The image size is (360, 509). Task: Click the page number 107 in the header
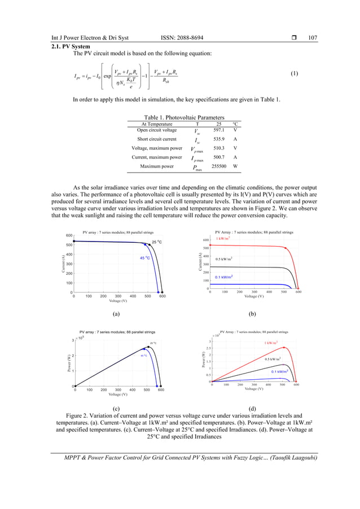(313, 38)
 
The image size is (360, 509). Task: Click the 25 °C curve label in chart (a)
(156, 242)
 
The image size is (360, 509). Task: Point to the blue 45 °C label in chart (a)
(145, 258)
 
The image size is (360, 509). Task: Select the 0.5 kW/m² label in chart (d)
(273, 359)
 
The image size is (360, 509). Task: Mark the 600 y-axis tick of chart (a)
(68, 235)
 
